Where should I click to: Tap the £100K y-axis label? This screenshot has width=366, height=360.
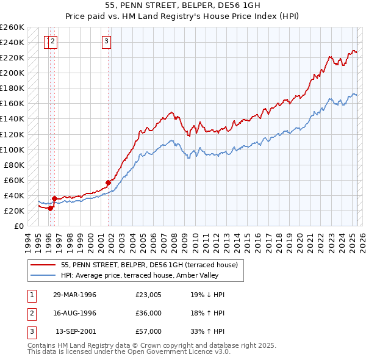12,149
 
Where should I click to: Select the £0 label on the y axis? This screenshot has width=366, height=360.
18,226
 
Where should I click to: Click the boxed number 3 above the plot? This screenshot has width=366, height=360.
106,41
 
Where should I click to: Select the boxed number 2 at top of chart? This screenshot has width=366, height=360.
54,41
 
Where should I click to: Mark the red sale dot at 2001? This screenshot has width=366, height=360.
108,182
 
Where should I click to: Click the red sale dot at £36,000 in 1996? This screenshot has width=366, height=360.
54,198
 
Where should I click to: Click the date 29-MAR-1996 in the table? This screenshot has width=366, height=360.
74,295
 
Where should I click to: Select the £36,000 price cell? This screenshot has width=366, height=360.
148,313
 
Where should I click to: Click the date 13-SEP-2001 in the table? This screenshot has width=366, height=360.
74,331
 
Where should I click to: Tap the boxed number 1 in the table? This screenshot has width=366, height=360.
30,295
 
